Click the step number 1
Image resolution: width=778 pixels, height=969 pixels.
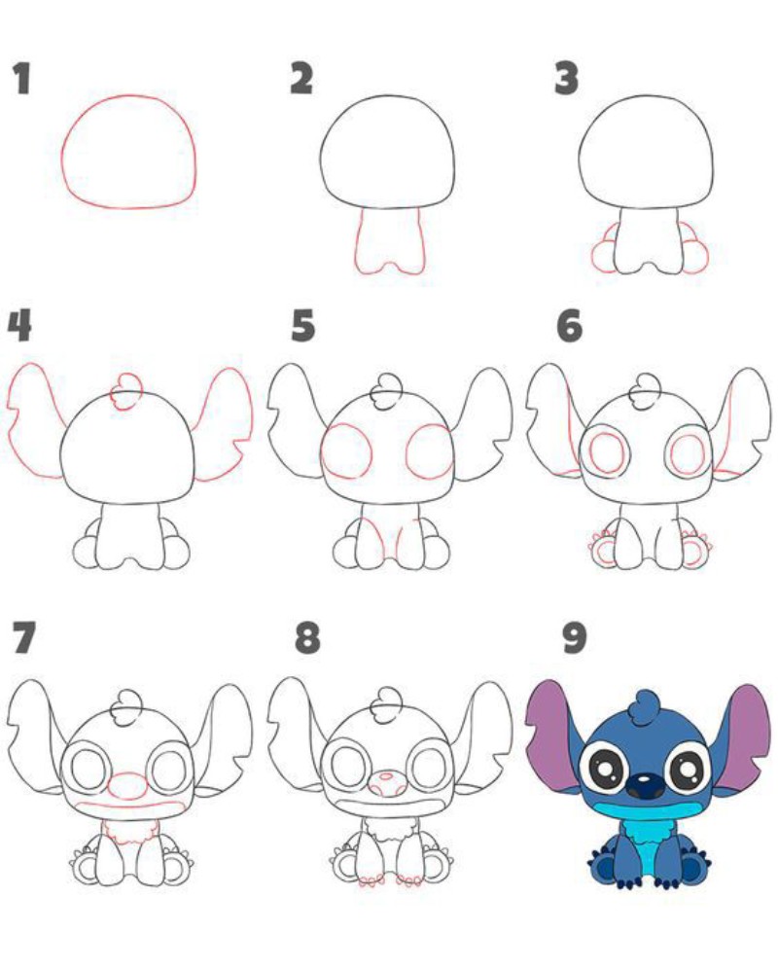click(x=22, y=78)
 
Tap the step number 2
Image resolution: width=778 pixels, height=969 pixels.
click(x=301, y=78)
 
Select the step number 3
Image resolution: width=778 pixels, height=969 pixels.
click(x=566, y=78)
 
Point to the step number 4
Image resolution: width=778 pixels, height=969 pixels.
click(x=19, y=325)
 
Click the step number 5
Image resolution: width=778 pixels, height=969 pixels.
click(x=302, y=325)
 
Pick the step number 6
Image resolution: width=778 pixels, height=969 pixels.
click(x=569, y=325)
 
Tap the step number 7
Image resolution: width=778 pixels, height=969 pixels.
click(x=23, y=638)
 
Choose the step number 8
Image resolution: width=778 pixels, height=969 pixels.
click(x=307, y=638)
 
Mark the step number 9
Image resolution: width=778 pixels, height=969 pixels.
click(x=574, y=638)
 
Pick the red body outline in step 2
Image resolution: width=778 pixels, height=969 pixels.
click(x=358, y=247)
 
